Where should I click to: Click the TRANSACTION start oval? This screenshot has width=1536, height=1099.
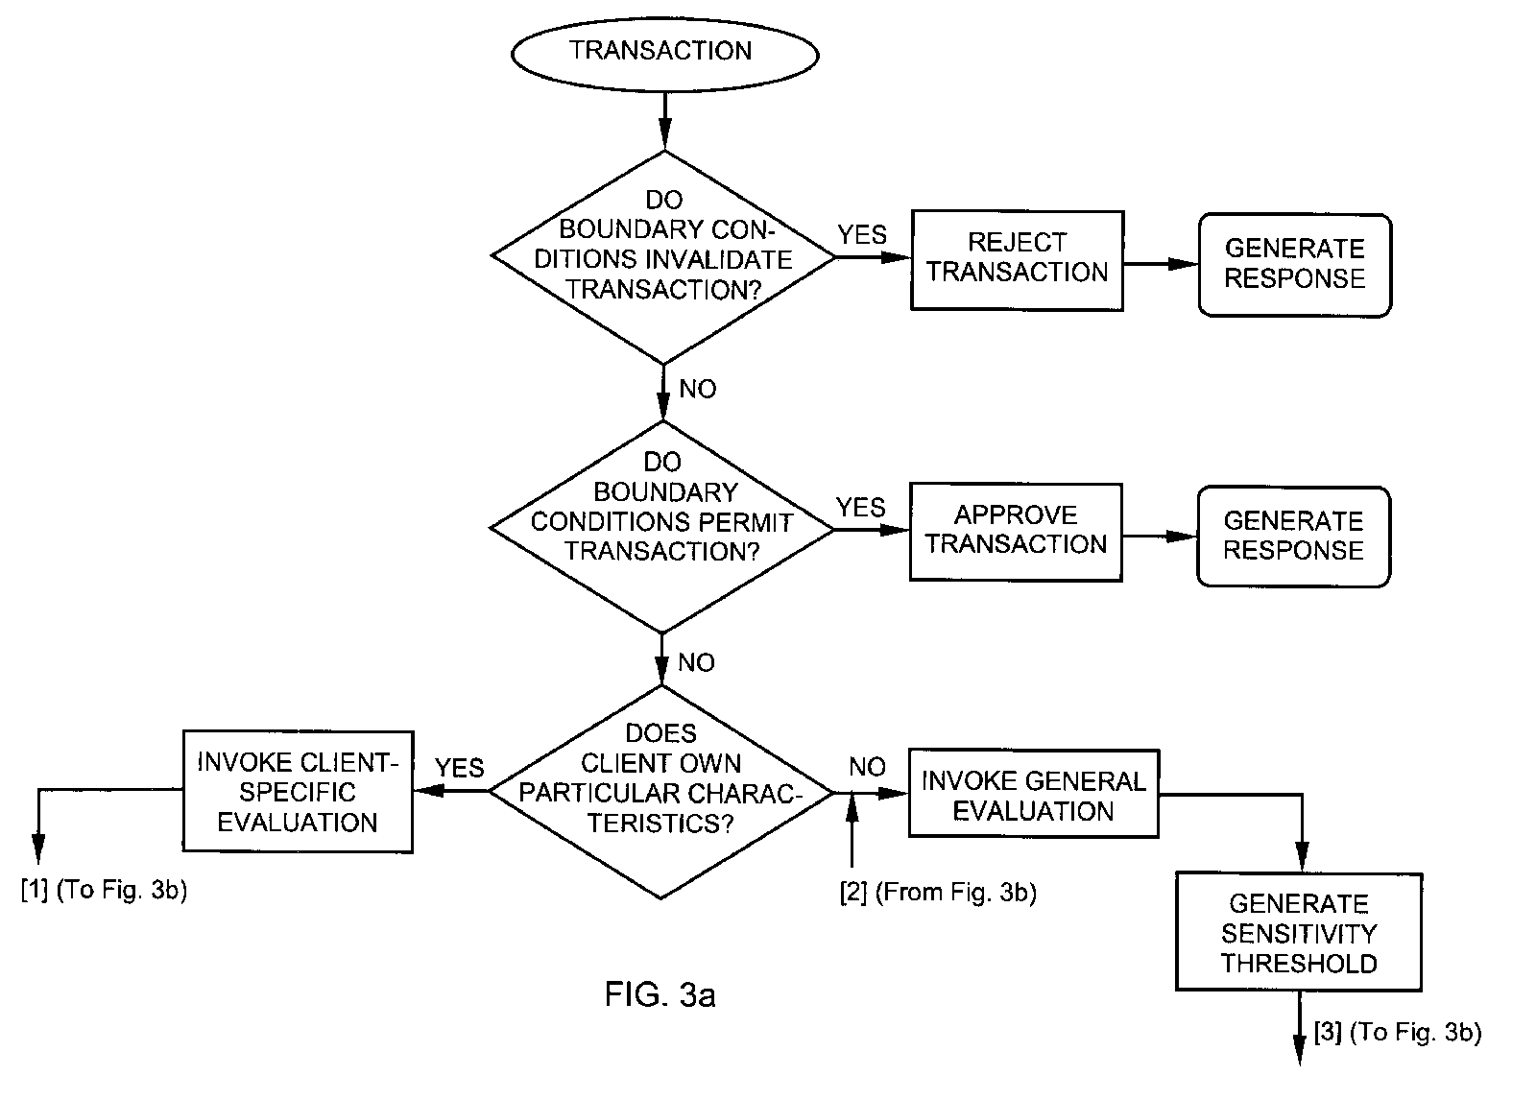(663, 52)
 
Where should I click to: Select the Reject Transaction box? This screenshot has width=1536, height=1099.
(1017, 260)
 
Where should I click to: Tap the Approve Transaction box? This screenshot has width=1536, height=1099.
(1016, 532)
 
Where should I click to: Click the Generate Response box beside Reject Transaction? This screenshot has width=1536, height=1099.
(1294, 265)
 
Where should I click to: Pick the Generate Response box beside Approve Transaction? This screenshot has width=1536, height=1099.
(1293, 537)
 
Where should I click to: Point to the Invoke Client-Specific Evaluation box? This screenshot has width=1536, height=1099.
(298, 792)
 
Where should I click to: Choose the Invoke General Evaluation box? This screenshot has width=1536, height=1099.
(1033, 795)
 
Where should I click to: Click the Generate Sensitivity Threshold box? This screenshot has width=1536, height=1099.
(1298, 932)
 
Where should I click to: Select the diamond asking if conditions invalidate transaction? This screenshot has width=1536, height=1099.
(663, 257)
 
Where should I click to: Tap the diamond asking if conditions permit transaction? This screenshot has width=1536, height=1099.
(662, 527)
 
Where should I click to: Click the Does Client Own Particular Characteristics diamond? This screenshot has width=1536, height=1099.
(661, 792)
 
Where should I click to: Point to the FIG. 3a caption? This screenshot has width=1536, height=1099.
(660, 995)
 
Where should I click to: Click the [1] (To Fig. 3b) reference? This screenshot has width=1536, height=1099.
(104, 890)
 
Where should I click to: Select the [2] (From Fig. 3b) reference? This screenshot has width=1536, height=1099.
(938, 893)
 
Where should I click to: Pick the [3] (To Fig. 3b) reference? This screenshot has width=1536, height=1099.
(1398, 1033)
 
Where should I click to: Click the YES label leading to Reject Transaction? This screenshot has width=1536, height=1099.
(862, 235)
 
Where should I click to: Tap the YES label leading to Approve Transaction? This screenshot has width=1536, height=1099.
(861, 507)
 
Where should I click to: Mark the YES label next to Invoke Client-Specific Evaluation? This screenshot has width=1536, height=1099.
(460, 768)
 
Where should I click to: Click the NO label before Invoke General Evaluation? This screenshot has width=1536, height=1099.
(867, 767)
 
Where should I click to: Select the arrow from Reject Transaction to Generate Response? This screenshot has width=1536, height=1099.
(1161, 263)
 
